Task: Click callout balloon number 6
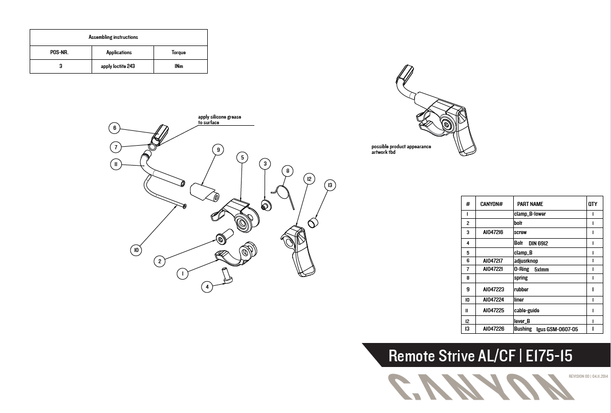115,128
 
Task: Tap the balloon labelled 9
219,149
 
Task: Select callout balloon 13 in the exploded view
331,185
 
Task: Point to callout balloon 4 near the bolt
207,287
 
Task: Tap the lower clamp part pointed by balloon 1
235,256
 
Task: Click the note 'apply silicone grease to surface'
220,120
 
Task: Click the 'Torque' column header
179,52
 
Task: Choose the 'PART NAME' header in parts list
530,204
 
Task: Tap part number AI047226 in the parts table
494,329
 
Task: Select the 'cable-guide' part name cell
527,310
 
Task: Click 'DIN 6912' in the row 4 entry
538,243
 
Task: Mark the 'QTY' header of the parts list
593,204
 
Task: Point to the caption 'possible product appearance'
401,147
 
